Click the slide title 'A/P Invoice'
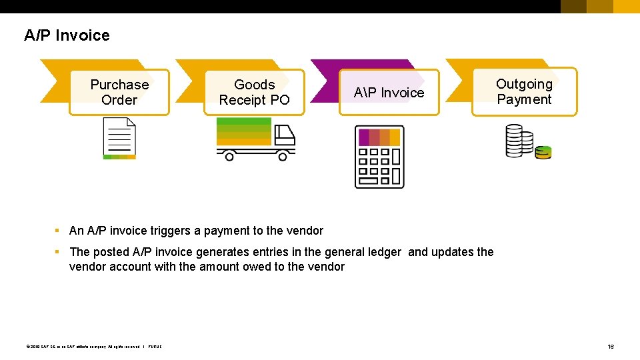tap(67, 35)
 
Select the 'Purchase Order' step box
tap(119, 92)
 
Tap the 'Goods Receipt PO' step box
tap(254, 92)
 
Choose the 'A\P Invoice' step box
tap(389, 93)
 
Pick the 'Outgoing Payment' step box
tap(524, 91)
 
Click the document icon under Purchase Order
tap(119, 139)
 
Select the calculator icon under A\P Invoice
tap(379, 157)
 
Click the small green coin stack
tap(543, 153)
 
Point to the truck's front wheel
tap(283, 157)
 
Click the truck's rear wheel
tap(229, 157)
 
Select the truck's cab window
tap(285, 135)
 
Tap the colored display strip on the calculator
tap(379, 137)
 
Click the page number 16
tap(610, 347)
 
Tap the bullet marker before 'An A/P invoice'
tap(58, 231)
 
